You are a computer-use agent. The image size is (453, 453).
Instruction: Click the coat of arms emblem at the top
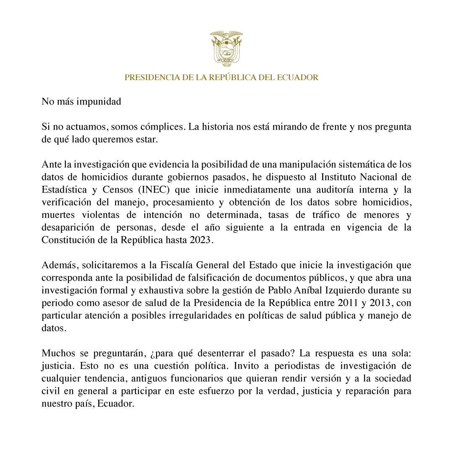[226, 48]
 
